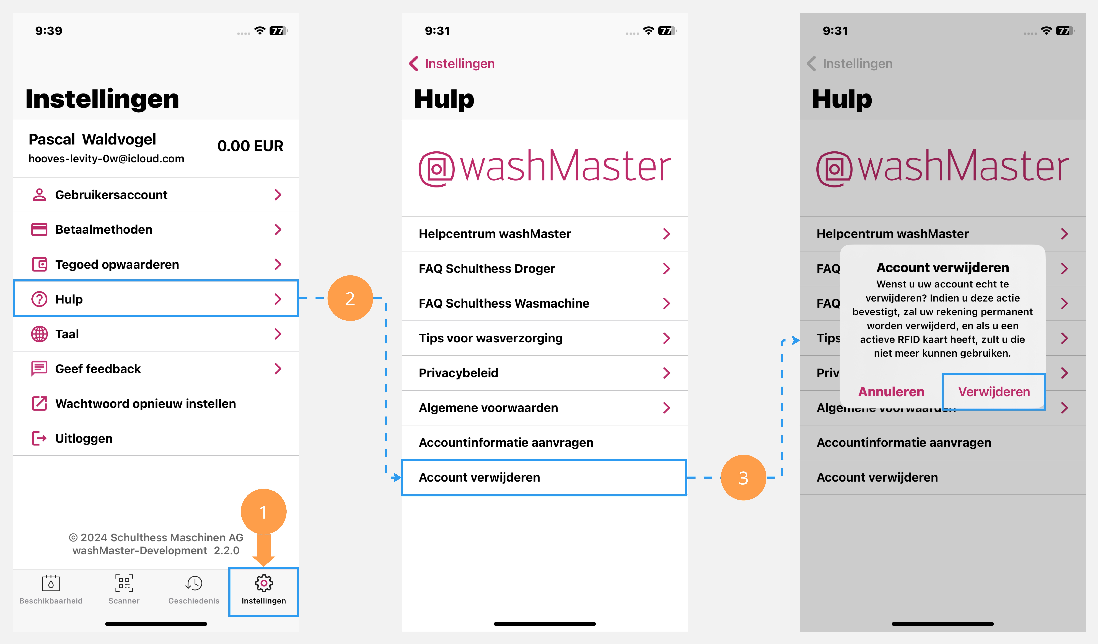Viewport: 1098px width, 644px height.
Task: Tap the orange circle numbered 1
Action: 263,512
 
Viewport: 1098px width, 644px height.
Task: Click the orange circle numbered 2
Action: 350,298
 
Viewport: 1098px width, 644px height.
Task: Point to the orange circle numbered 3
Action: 743,478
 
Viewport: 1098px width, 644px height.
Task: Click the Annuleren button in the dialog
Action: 891,391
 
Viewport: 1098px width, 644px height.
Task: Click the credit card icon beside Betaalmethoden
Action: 39,229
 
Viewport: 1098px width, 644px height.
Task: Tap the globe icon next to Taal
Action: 39,334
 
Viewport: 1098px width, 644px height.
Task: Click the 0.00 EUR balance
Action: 250,146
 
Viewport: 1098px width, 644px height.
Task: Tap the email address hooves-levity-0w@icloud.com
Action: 106,159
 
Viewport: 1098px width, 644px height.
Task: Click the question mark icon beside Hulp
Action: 39,299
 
